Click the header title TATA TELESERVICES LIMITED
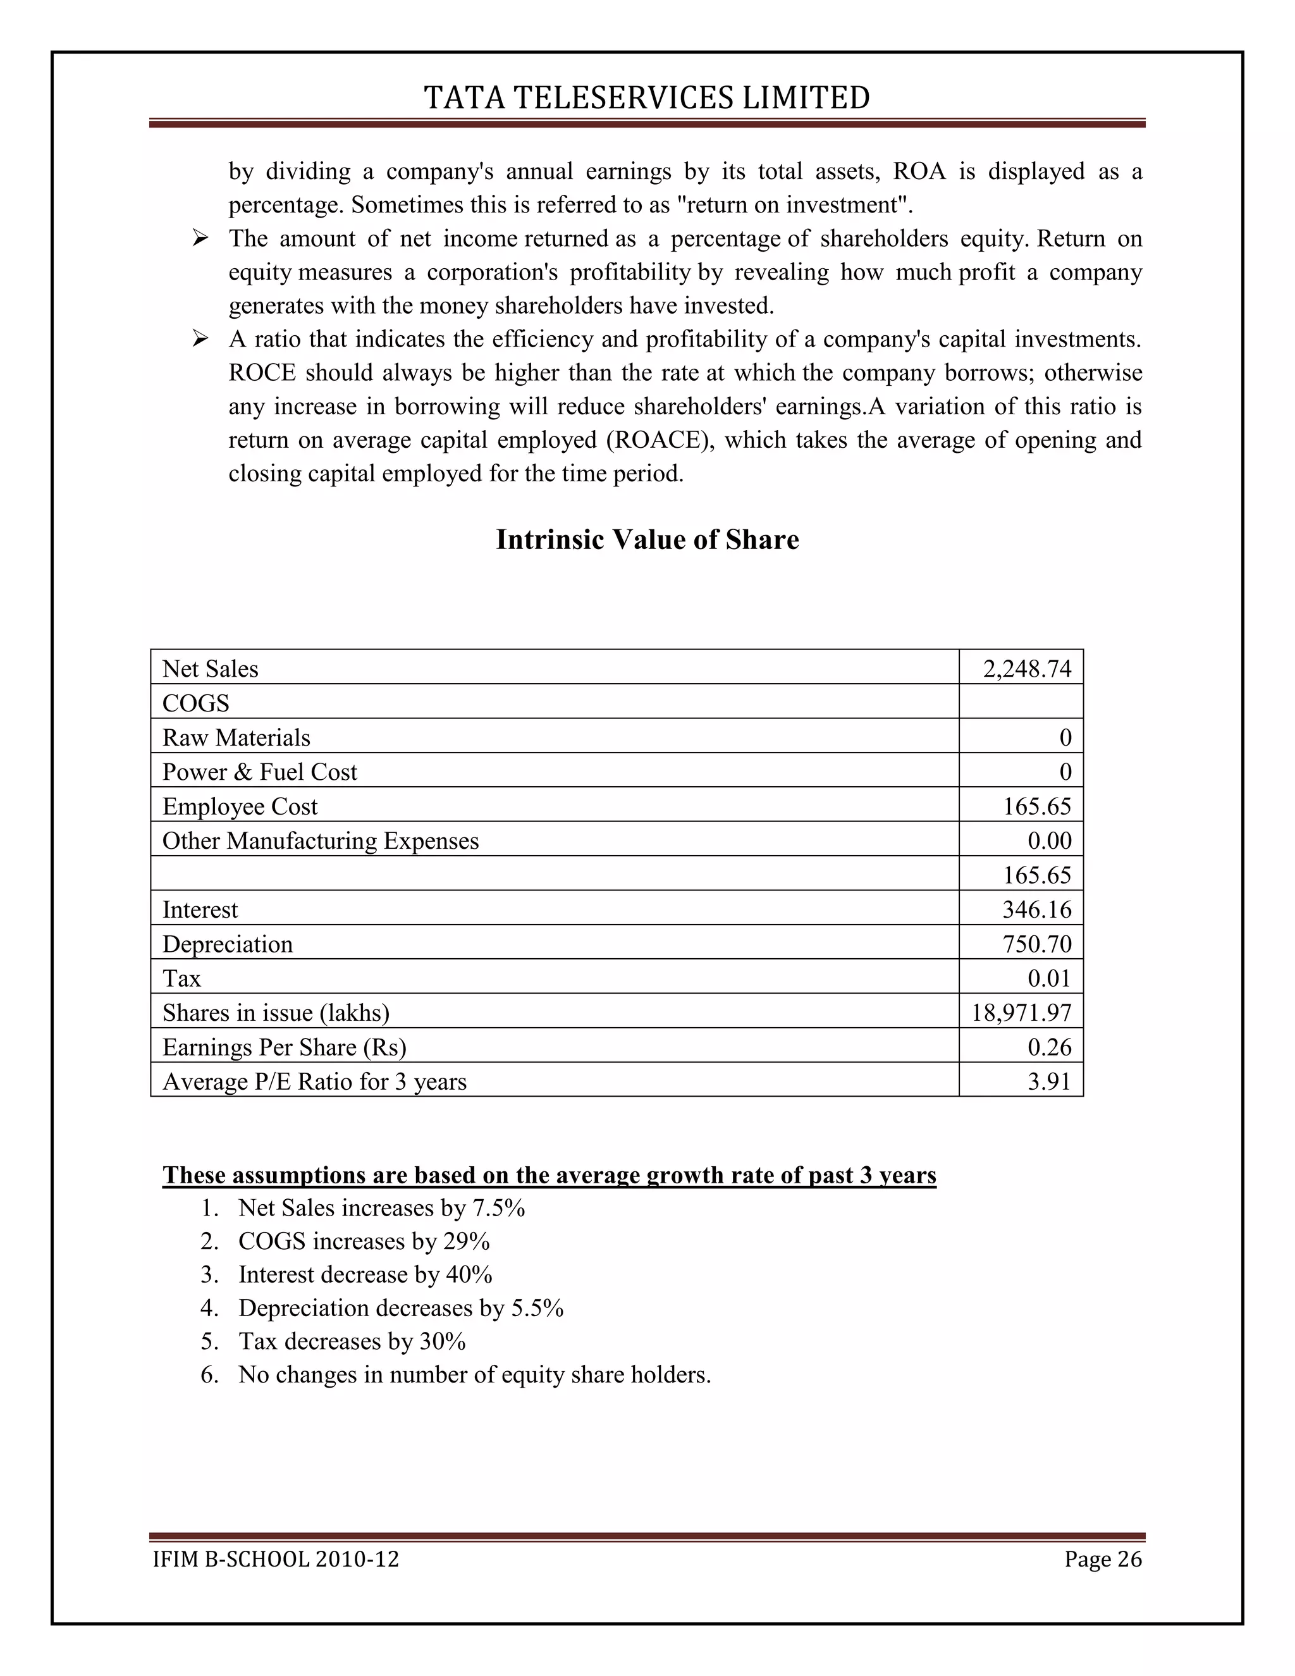[647, 98]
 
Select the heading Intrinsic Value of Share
[647, 539]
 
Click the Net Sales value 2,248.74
[1026, 669]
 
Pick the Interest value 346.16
[1036, 909]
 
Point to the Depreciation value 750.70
[1036, 944]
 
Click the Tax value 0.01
[1049, 978]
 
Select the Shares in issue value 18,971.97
[1021, 1013]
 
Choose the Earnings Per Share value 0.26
[1049, 1047]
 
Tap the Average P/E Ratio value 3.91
[1049, 1081]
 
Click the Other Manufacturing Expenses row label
[320, 841]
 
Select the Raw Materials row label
[236, 737]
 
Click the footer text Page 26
[1102, 1558]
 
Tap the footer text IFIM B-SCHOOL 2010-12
[276, 1558]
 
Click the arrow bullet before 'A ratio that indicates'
[200, 338]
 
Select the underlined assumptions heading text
[549, 1175]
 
